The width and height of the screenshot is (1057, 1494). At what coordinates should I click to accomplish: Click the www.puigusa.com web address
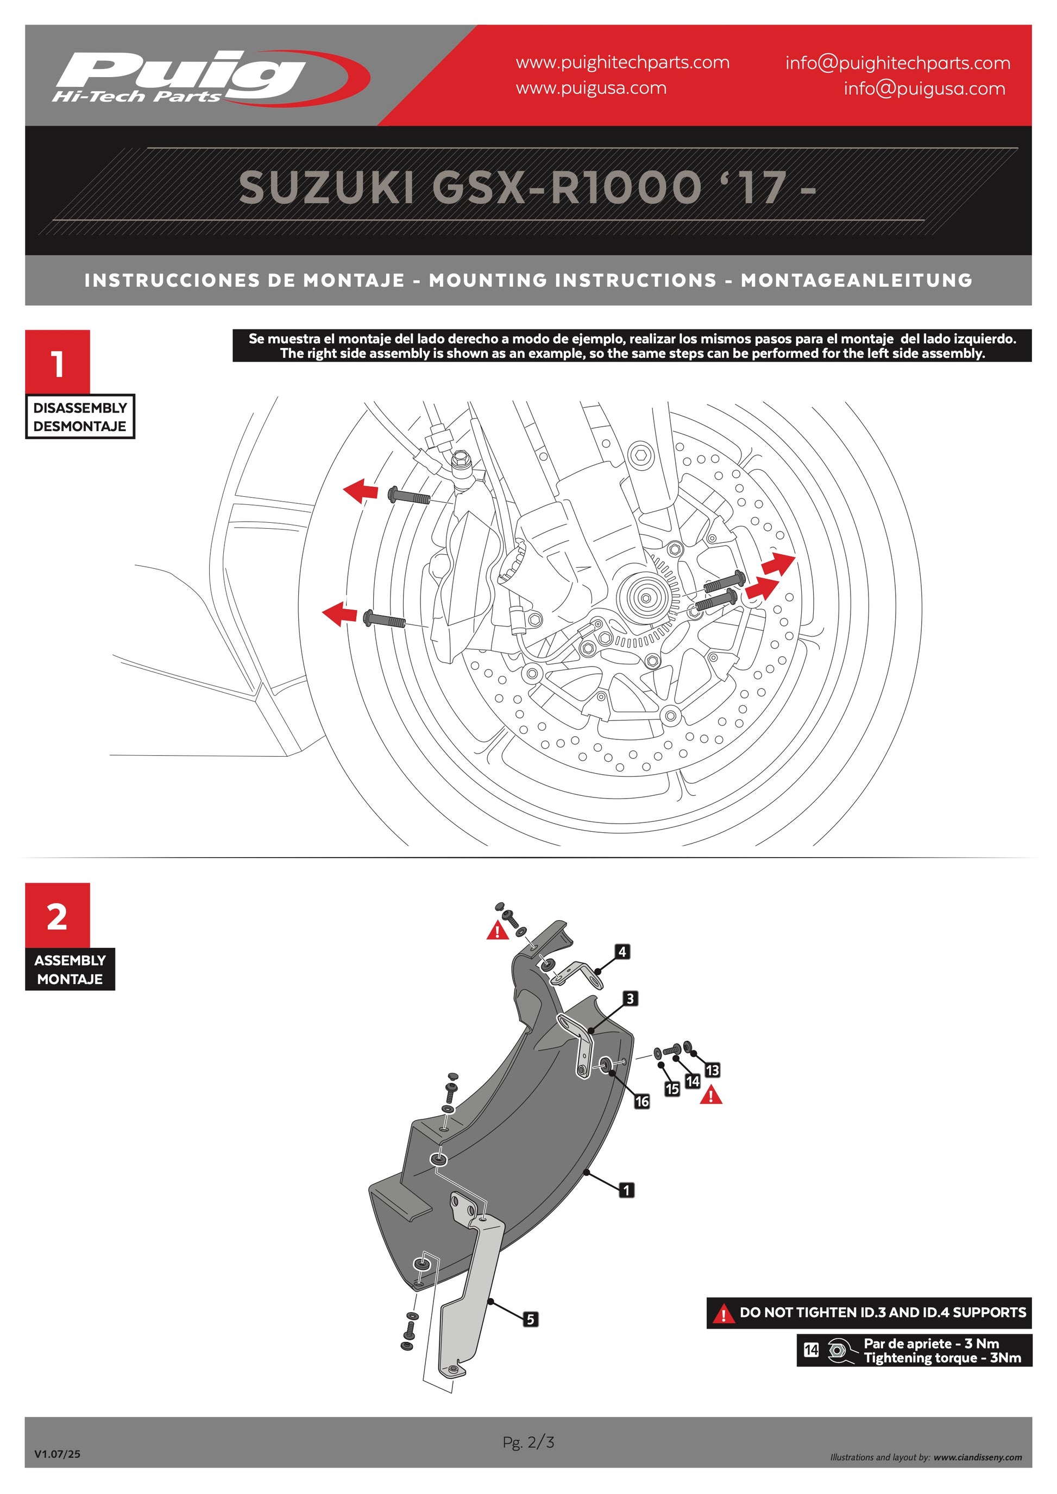[x=591, y=88]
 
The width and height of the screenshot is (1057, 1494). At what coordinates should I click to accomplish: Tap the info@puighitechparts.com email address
[x=897, y=63]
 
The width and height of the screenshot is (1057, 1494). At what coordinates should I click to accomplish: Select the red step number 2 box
[x=57, y=915]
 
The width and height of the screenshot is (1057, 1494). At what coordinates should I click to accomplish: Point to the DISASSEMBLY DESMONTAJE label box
[x=80, y=416]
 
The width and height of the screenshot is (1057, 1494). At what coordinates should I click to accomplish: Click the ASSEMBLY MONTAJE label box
[x=70, y=970]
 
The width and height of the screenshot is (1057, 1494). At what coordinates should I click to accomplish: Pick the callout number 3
[x=630, y=998]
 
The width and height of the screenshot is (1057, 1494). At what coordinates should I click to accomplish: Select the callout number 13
[x=712, y=1070]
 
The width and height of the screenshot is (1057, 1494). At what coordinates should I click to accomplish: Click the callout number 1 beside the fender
[x=626, y=1190]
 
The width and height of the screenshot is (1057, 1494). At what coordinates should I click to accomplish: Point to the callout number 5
[x=531, y=1319]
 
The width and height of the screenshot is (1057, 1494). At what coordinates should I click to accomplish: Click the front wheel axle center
[x=645, y=597]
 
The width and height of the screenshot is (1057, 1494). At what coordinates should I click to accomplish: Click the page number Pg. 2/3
[x=528, y=1442]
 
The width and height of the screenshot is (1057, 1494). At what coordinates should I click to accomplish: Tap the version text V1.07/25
[x=57, y=1454]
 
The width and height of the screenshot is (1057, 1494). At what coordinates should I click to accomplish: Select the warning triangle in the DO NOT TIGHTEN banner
[x=723, y=1314]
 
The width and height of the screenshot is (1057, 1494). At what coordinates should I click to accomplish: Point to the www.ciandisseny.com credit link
[x=978, y=1457]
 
